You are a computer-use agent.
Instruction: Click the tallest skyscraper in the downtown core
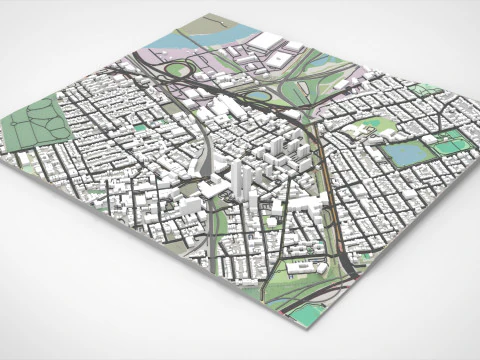pos(240,176)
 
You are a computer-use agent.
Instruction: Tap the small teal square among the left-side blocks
pos(139,128)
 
